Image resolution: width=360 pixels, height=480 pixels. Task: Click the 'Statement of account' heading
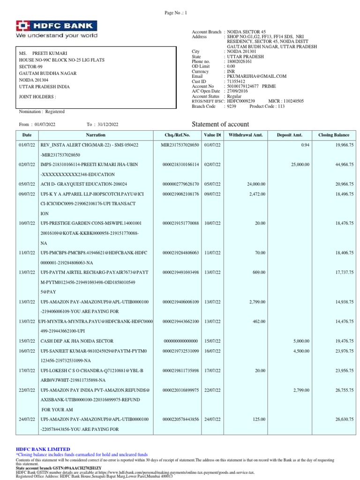(221, 124)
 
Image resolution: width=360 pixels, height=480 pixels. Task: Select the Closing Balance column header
(333, 135)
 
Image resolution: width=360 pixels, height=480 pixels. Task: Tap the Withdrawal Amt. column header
(246, 135)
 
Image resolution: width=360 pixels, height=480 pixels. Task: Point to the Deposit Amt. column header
(291, 135)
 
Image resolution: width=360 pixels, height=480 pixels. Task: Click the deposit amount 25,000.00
(300, 165)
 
